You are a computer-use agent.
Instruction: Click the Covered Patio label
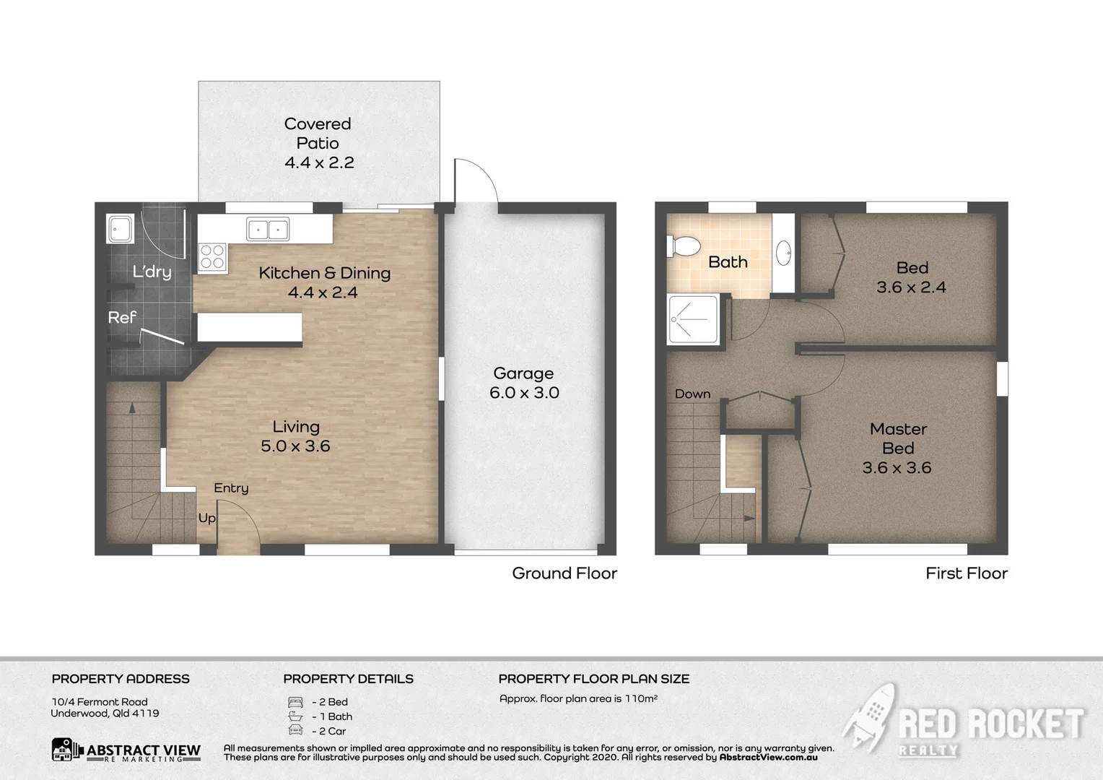[318, 143]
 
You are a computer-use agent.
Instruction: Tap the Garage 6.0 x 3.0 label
[524, 383]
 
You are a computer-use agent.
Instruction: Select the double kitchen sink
[268, 229]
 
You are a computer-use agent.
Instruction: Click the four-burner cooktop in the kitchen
[212, 257]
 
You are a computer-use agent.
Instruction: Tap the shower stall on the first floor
[693, 318]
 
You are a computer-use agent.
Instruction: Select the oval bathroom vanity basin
[783, 253]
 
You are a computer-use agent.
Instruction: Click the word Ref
[122, 317]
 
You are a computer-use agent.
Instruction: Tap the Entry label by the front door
[231, 488]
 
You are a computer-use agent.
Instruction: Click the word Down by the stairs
[692, 394]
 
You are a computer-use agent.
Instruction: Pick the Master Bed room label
[897, 448]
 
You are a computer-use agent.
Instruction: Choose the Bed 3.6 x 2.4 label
[911, 277]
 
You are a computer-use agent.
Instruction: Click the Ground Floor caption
[564, 573]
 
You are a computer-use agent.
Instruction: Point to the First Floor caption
[966, 573]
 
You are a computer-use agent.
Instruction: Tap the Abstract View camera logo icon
[67, 750]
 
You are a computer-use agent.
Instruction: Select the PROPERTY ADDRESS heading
[121, 679]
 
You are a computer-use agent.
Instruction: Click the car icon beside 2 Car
[295, 731]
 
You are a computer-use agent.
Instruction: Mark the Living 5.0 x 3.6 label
[296, 436]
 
